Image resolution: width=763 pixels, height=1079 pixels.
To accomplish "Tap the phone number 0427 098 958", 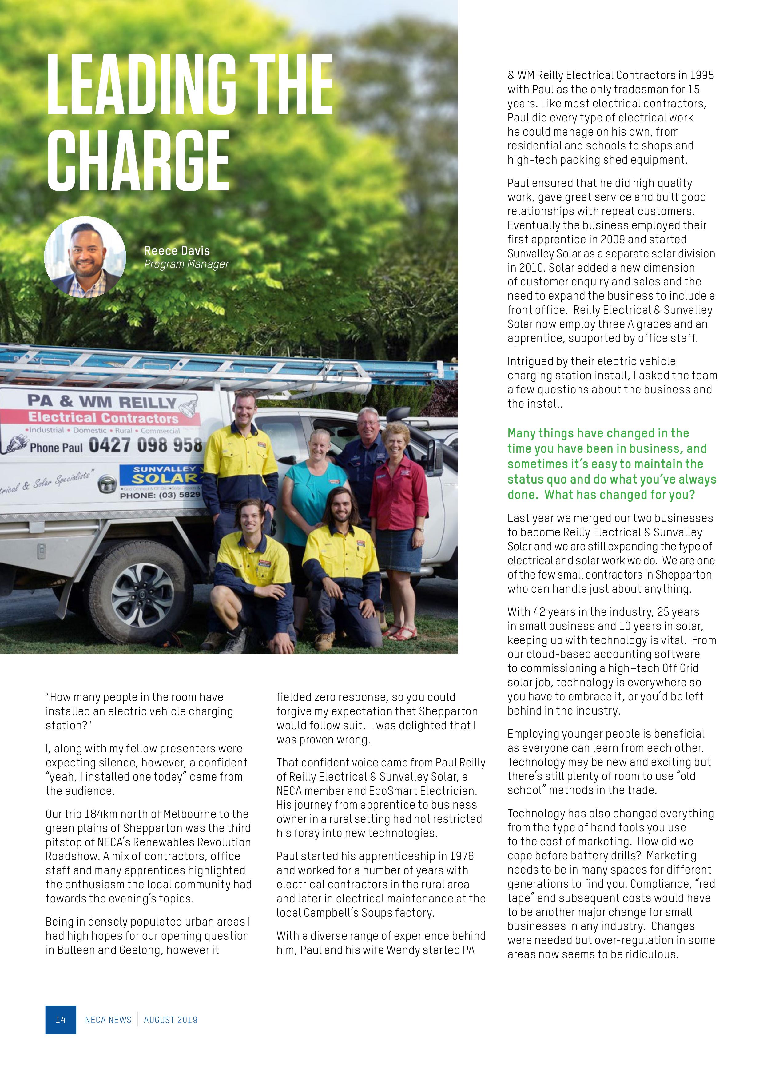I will pyautogui.click(x=145, y=444).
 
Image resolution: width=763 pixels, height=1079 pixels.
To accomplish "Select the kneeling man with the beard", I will pyautogui.click(x=342, y=564).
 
